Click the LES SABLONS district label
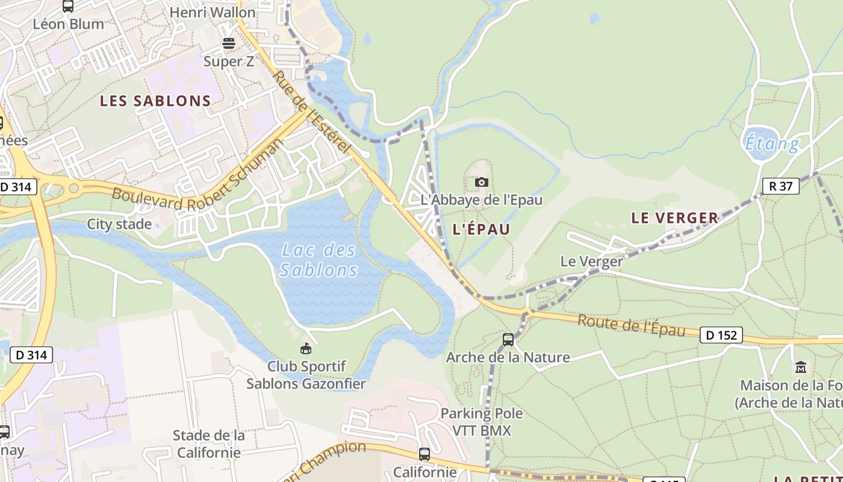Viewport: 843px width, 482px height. (x=155, y=101)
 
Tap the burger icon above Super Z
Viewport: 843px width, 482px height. (x=228, y=43)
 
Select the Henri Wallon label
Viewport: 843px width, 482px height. (x=213, y=12)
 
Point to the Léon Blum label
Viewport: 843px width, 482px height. (x=68, y=24)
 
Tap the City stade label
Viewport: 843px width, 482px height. (x=119, y=224)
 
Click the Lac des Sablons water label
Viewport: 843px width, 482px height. (x=319, y=260)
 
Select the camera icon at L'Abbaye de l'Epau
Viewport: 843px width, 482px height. (x=481, y=182)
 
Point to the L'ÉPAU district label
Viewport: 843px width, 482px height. (x=481, y=229)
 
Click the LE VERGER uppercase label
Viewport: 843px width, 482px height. (x=675, y=218)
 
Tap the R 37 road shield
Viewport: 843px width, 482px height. (x=781, y=186)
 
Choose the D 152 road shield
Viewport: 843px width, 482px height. (x=721, y=335)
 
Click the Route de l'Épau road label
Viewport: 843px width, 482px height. (x=631, y=326)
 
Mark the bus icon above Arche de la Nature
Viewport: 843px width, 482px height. (x=508, y=340)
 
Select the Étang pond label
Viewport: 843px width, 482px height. (x=773, y=144)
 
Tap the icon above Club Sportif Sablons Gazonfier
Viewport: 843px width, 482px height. (x=306, y=348)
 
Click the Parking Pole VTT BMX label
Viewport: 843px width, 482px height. (x=482, y=422)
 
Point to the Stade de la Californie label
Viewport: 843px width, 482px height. (x=208, y=443)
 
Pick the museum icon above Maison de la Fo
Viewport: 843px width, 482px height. (x=801, y=367)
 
